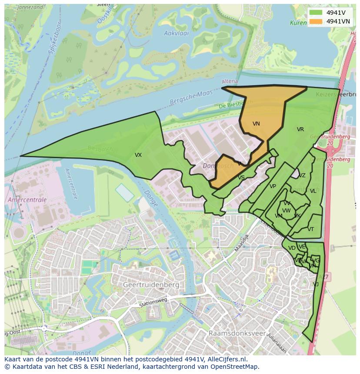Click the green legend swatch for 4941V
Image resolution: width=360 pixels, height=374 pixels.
coord(316,13)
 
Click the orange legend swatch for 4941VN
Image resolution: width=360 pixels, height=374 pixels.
coord(316,21)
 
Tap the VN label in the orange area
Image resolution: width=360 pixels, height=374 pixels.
coord(256,124)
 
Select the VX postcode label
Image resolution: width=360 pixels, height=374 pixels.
coord(138,155)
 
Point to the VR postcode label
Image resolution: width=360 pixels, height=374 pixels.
coord(300,129)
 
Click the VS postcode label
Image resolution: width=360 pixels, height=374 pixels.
coord(241,178)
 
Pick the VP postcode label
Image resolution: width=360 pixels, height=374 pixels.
coord(273,187)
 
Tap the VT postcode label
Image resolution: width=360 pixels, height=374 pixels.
coord(310,229)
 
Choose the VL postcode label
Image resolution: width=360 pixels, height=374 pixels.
coord(313,191)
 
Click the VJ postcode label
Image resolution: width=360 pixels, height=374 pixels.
coord(316,285)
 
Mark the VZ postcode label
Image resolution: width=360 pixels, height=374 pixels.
coord(302,176)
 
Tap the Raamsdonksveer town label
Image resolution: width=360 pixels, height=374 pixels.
coord(235,333)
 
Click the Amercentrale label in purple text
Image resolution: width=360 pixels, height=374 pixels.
coord(27,200)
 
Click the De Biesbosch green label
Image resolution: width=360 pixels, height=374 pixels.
coord(234,106)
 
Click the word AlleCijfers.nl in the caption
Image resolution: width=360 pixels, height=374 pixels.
coord(226,359)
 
